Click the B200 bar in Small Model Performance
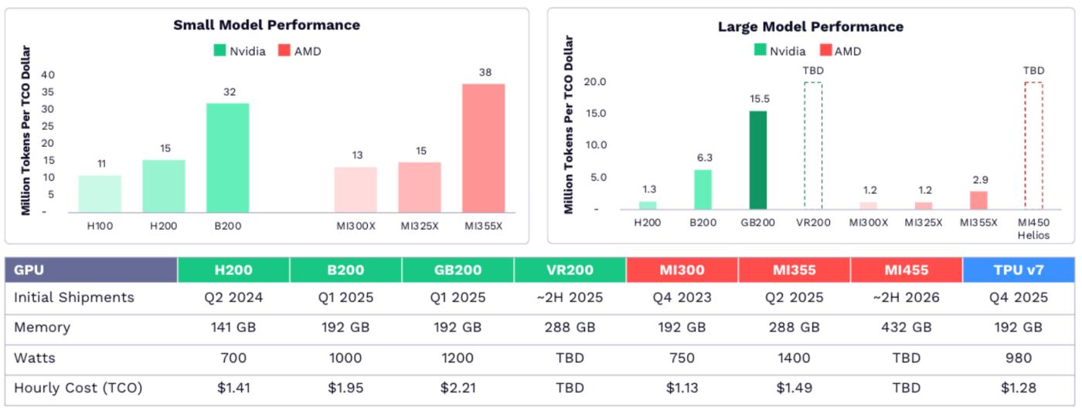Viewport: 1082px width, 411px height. [227, 158]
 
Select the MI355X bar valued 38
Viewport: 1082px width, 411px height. [483, 148]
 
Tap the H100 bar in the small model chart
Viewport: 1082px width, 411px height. [100, 194]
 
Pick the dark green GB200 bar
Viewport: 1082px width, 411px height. [758, 160]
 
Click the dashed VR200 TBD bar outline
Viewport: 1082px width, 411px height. [813, 145]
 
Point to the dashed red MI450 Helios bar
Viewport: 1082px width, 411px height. [1033, 145]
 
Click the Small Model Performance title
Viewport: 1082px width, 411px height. [267, 25]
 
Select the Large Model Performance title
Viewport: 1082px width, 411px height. [811, 27]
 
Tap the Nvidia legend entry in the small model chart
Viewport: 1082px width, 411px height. [241, 51]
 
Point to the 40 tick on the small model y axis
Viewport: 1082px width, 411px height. [48, 75]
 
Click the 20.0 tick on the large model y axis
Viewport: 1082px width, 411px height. [596, 82]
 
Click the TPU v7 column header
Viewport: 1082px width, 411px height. [1019, 270]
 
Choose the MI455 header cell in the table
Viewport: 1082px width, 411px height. [907, 270]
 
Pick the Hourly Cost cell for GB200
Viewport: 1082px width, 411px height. [458, 389]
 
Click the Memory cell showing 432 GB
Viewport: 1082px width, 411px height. [907, 328]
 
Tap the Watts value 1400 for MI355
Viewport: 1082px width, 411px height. [794, 358]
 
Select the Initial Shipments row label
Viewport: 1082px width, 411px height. [74, 297]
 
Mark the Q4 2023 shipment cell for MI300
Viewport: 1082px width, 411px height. [682, 297]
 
